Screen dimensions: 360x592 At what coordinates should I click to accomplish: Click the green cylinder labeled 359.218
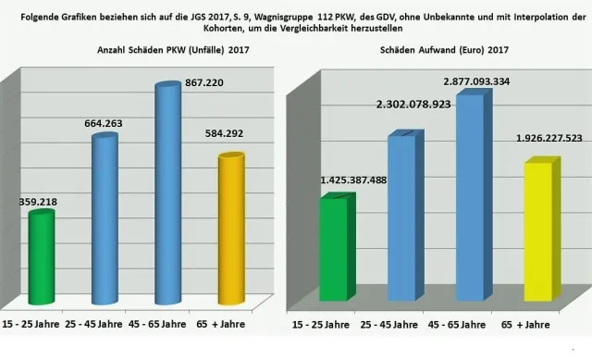tap(41, 257)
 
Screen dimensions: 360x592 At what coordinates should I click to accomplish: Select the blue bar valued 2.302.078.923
tap(401, 217)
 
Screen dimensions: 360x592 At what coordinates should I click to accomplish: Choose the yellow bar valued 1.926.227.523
tap(539, 231)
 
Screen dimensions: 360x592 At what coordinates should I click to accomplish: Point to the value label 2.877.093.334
tap(484, 81)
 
